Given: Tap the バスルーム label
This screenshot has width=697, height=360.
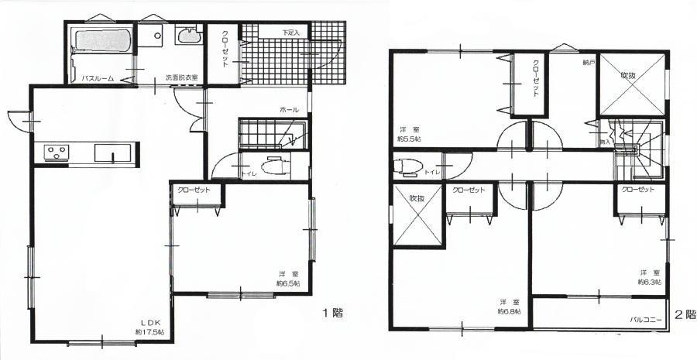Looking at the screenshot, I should (99, 78).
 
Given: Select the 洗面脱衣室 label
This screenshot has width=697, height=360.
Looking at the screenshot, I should (181, 78).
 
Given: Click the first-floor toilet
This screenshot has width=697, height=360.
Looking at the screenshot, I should (275, 166).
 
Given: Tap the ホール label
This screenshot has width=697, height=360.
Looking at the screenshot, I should (290, 111).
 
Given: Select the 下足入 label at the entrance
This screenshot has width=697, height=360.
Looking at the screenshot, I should (290, 33).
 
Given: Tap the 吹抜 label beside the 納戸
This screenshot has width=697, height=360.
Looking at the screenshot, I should (629, 75).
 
